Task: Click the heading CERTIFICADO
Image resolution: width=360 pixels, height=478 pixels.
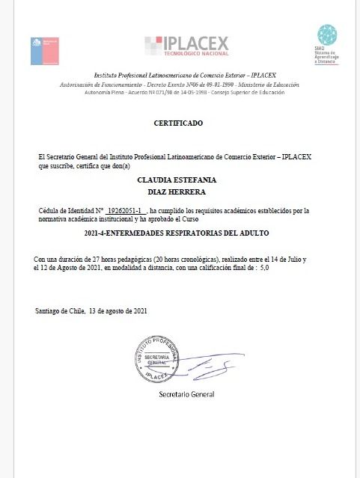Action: click(177, 122)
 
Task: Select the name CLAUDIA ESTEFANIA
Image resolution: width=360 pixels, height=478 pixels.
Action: click(177, 180)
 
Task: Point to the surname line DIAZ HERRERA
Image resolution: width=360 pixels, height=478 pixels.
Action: click(177, 193)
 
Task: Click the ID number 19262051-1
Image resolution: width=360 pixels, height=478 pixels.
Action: click(126, 212)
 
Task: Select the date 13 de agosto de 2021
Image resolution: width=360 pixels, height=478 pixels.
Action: click(119, 310)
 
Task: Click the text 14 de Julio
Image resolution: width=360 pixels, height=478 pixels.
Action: click(281, 259)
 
